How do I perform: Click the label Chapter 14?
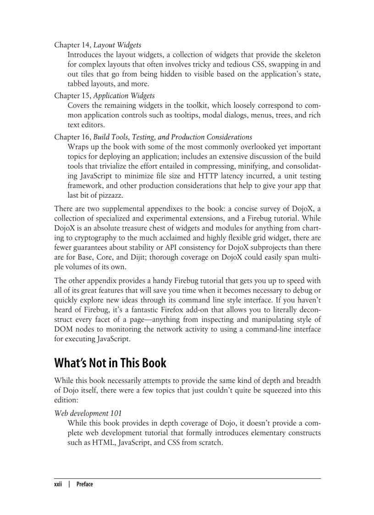[72, 45]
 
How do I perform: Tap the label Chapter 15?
[72, 96]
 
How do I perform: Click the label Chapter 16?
[72, 137]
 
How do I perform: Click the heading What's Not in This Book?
[110, 363]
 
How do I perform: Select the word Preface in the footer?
[85, 484]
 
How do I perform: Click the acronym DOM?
[63, 330]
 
